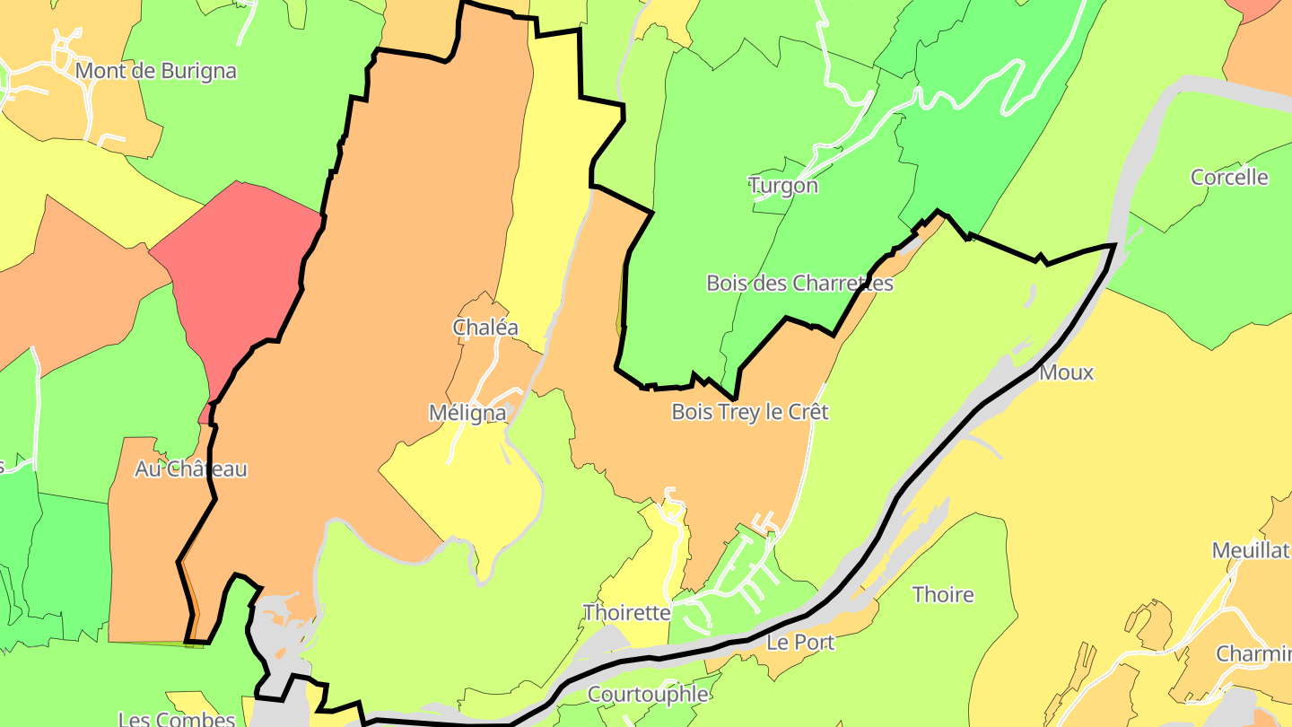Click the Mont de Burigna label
(x=156, y=71)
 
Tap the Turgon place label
(x=783, y=186)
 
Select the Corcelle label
(x=1229, y=177)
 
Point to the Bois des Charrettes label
(x=799, y=284)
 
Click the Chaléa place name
(x=485, y=328)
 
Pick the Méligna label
(x=467, y=413)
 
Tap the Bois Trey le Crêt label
(x=750, y=412)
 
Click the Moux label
(x=1067, y=372)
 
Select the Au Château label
(x=190, y=469)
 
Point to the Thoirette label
(x=626, y=613)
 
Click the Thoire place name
(x=943, y=594)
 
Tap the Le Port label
(x=800, y=642)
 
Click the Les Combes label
(x=176, y=718)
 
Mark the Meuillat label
(x=1251, y=550)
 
